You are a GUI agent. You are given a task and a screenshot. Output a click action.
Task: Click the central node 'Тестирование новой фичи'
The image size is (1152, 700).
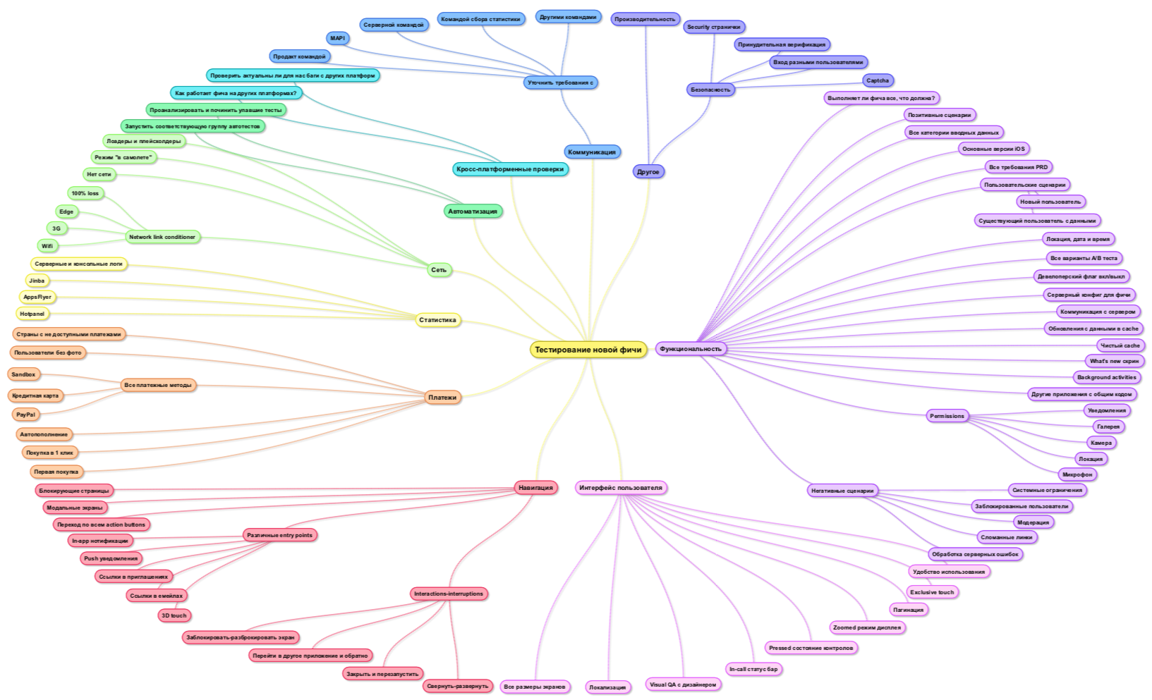588,350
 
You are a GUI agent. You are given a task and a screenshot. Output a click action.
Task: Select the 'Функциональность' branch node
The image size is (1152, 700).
691,349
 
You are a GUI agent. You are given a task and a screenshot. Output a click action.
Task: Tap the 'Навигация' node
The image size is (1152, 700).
536,488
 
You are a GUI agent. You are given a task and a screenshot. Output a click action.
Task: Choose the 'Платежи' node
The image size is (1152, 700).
442,398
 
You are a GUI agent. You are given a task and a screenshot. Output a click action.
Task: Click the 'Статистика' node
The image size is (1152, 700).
437,320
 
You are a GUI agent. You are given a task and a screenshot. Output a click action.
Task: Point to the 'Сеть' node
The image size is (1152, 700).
439,270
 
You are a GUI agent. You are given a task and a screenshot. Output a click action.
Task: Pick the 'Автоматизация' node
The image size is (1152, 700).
473,211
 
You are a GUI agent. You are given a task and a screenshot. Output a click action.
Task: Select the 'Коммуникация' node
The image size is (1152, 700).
592,152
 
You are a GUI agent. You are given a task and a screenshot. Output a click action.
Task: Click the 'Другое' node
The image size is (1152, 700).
648,172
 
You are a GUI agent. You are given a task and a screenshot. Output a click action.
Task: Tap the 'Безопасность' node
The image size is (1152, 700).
711,90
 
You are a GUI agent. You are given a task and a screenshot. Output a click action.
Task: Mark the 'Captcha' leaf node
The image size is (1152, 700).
878,81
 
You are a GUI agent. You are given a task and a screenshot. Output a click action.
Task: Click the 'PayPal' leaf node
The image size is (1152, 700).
26,415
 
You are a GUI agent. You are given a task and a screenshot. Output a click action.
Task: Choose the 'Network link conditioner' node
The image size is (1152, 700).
162,237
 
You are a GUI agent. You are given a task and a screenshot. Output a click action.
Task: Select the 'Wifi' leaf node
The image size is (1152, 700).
47,246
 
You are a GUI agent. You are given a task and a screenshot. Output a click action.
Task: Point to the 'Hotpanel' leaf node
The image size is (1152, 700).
32,314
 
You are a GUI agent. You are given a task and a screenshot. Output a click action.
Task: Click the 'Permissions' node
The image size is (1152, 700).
947,416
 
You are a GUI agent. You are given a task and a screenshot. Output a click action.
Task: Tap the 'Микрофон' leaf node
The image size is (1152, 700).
1077,475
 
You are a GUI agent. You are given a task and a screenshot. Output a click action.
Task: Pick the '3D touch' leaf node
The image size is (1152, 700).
174,615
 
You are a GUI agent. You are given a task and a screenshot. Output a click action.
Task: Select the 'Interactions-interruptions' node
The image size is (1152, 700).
449,594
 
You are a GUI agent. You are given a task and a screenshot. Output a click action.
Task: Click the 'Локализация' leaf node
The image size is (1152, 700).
607,687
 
